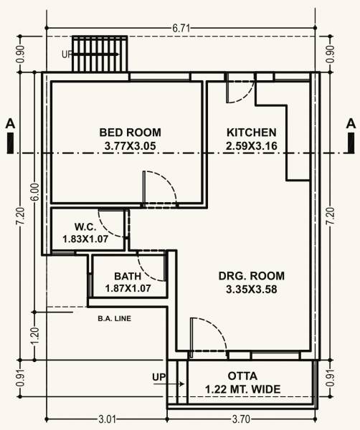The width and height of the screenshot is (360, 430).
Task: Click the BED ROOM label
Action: point(130,133)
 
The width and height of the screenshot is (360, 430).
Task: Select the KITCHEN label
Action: point(251,133)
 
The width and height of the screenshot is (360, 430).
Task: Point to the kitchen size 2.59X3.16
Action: point(252,146)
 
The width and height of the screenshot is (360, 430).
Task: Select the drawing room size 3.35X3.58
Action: point(251,290)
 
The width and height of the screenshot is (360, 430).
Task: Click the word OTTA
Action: point(243,376)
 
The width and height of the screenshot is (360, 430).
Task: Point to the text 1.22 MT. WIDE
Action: point(243,389)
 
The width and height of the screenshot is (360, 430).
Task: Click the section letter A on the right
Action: point(351,123)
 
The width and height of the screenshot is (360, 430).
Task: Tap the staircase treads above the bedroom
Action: point(100,54)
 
